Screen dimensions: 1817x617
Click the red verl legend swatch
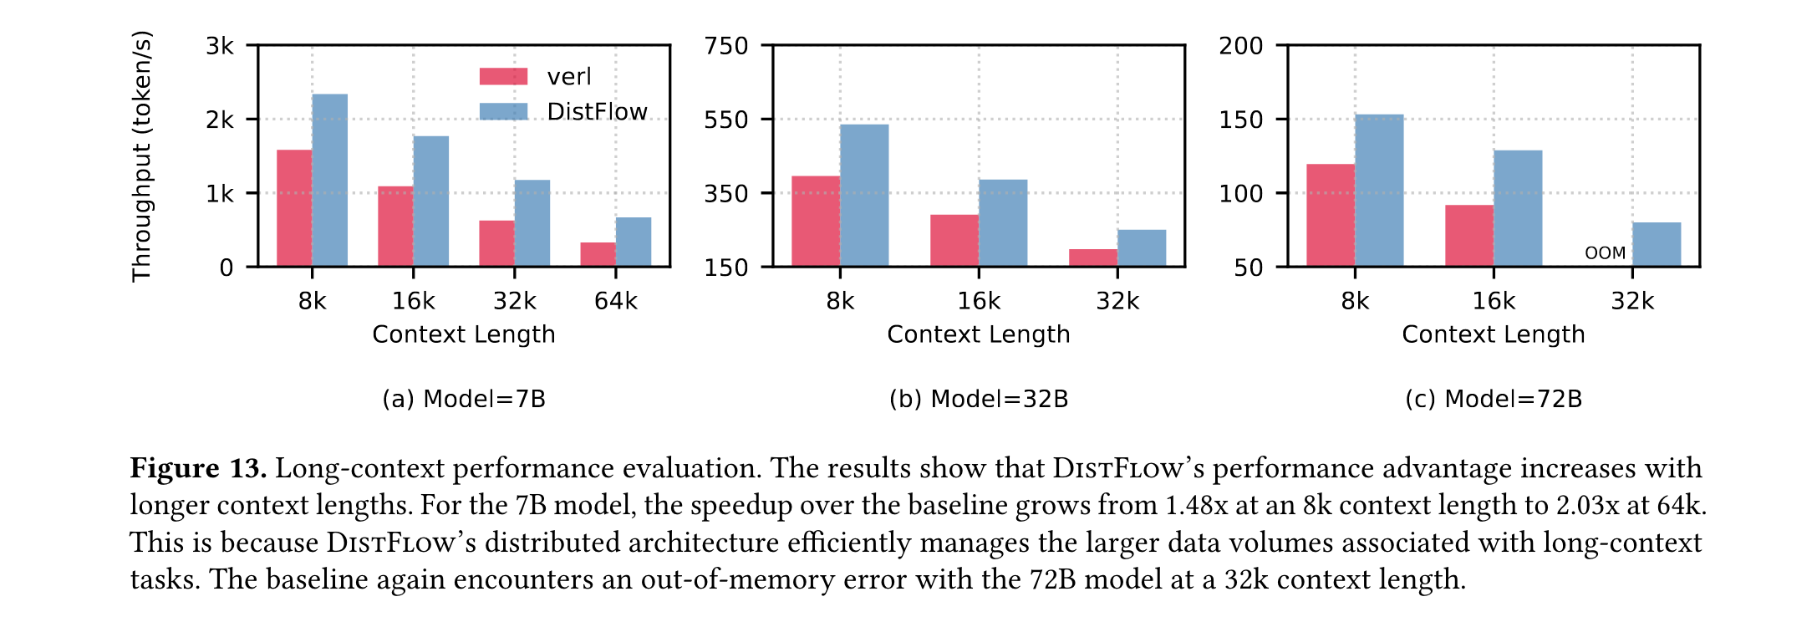click(x=503, y=77)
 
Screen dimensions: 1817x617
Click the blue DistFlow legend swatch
click(x=503, y=111)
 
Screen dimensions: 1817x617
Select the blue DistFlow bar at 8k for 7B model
click(x=330, y=181)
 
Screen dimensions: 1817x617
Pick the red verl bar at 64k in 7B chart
click(x=598, y=254)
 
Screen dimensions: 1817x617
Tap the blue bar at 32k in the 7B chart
click(x=532, y=223)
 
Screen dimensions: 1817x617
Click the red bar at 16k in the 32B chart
click(x=954, y=241)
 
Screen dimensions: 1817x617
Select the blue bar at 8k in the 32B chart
click(x=864, y=196)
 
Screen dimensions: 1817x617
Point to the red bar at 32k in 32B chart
click(x=1093, y=258)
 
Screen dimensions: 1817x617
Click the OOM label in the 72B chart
click(x=1606, y=252)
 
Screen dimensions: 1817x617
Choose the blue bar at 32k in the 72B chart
click(x=1657, y=244)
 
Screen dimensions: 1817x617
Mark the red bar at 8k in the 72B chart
click(x=1331, y=216)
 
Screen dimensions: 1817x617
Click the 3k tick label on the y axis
click(x=220, y=46)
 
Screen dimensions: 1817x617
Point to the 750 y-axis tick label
click(x=726, y=46)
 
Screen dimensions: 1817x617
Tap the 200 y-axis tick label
click(x=1241, y=46)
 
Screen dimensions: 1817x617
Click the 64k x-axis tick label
click(x=616, y=301)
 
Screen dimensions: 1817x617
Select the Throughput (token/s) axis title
click(x=142, y=156)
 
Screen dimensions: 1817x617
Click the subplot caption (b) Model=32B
click(x=979, y=399)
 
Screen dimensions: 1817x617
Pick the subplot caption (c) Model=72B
click(x=1494, y=399)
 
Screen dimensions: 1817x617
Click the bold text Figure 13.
click(x=198, y=469)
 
